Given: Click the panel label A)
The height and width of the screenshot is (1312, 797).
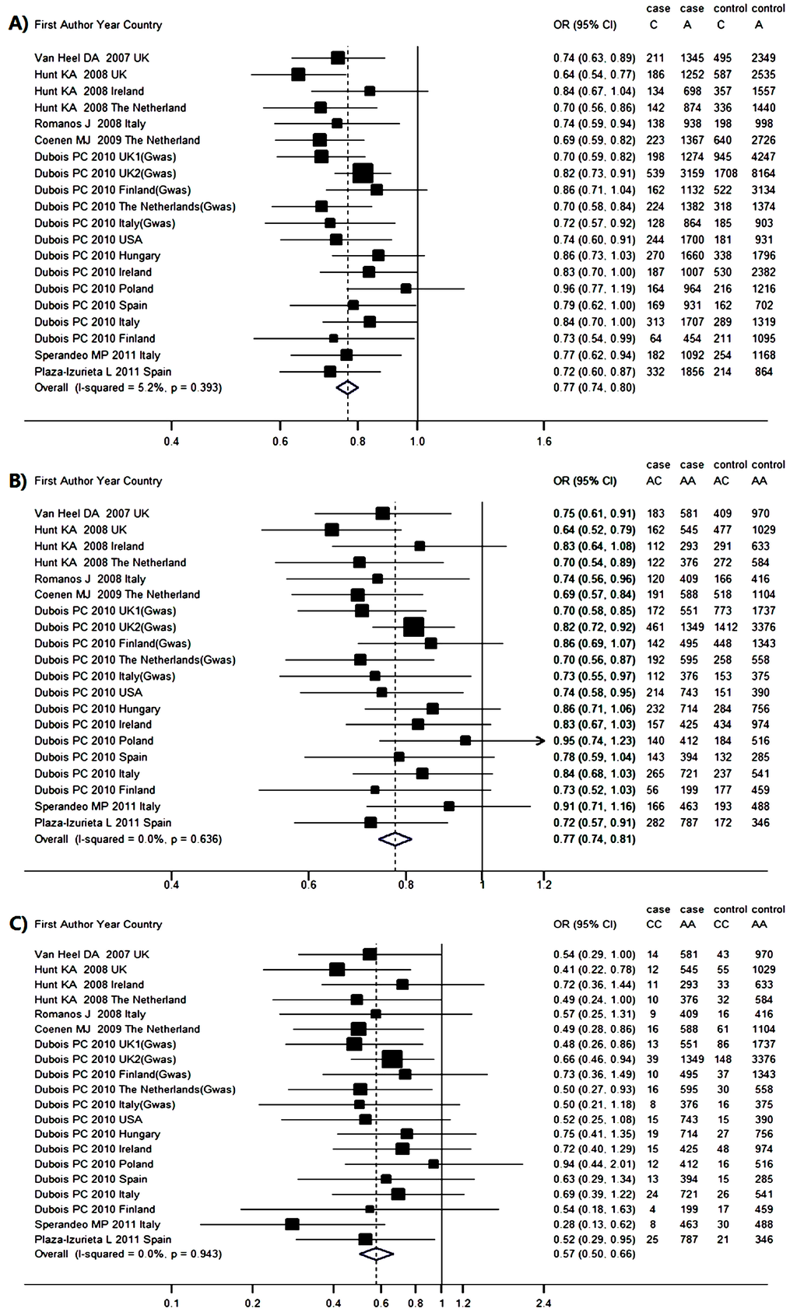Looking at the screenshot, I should (18, 24).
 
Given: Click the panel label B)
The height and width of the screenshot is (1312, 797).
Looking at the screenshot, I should (18, 481).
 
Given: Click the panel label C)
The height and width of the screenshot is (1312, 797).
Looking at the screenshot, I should (18, 924).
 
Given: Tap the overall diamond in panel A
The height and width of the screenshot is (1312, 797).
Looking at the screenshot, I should (347, 387).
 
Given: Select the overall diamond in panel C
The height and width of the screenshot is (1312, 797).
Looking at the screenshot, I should (376, 1254).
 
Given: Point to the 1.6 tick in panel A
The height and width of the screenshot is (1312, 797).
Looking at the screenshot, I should (544, 441).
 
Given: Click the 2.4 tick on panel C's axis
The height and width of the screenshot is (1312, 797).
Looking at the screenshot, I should (543, 1303).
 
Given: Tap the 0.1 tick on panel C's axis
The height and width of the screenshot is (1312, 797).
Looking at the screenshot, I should (171, 1303).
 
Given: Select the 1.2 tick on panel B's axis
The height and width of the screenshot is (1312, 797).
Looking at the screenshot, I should (544, 884).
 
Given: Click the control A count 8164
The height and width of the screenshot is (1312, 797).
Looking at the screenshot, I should (763, 173).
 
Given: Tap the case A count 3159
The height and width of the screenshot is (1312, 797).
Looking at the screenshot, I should (691, 173).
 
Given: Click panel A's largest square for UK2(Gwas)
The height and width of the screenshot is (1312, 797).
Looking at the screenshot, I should (363, 173).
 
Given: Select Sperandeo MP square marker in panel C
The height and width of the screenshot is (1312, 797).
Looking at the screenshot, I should (292, 1224).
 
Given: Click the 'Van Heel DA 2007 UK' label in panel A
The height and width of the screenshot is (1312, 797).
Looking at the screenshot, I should (92, 58).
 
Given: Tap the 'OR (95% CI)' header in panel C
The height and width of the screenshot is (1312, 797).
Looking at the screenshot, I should (585, 924).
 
